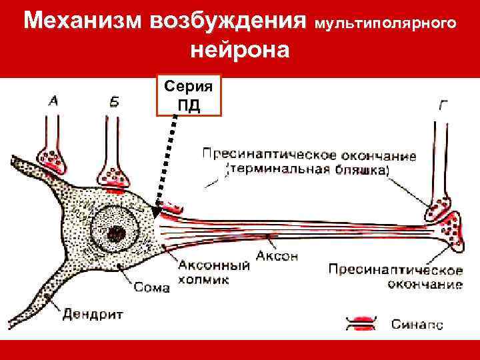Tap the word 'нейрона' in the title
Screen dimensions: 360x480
[239, 50]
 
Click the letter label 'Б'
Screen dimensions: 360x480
[114, 103]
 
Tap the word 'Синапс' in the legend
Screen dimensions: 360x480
[417, 325]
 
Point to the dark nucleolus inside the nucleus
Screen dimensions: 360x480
[117, 233]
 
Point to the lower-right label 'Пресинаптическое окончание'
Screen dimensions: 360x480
[395, 277]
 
